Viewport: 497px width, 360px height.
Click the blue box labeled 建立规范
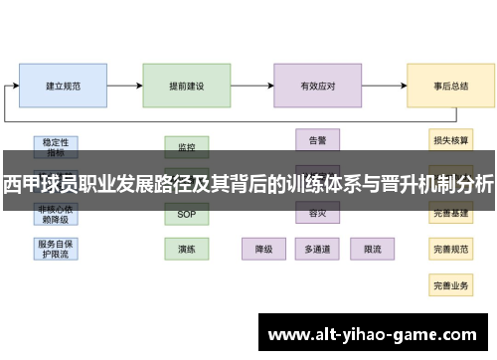pyautogui.click(x=63, y=87)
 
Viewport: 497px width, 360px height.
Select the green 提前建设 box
pyautogui.click(x=187, y=87)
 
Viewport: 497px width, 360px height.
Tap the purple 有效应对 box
pyautogui.click(x=318, y=87)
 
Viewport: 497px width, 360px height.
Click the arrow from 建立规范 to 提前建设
pyautogui.click(x=124, y=87)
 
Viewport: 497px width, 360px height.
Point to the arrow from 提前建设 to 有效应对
pyautogui.click(x=252, y=87)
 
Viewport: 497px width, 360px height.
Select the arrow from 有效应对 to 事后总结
pyautogui.click(x=385, y=87)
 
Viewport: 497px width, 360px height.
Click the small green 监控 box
pyautogui.click(x=187, y=146)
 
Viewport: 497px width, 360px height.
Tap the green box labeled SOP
pyautogui.click(x=187, y=214)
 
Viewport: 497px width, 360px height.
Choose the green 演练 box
pyautogui.click(x=187, y=248)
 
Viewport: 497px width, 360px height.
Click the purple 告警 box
pyautogui.click(x=318, y=139)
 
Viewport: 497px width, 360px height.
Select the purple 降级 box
pyautogui.click(x=263, y=248)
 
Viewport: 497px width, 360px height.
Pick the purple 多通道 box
pyautogui.click(x=318, y=248)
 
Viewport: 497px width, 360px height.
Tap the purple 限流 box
pyautogui.click(x=373, y=248)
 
